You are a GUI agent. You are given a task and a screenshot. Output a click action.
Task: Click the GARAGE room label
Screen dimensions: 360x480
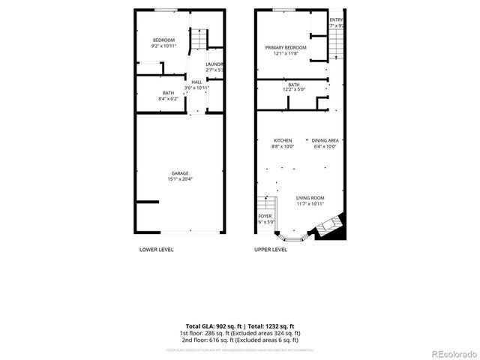[179, 173]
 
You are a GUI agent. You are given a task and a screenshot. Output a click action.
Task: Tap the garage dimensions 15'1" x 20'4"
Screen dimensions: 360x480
[179, 179]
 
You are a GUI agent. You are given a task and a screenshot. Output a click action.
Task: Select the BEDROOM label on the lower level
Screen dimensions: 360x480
[163, 40]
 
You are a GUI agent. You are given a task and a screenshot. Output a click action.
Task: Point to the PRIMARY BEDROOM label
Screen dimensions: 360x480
[282, 46]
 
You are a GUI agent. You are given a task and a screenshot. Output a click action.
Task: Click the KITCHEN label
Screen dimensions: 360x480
[282, 141]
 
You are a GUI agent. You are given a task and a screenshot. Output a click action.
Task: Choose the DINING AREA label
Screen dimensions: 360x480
[325, 141]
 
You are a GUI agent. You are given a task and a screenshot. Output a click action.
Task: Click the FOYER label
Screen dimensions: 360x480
[266, 216]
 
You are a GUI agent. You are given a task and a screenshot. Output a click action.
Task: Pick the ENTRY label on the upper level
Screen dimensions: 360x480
[337, 19]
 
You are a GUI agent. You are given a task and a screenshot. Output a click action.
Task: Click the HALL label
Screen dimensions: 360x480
[196, 82]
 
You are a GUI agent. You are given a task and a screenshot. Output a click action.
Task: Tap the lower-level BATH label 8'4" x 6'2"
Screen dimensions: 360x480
[168, 93]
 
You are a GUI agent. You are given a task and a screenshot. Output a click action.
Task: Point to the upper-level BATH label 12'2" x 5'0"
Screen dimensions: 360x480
[293, 85]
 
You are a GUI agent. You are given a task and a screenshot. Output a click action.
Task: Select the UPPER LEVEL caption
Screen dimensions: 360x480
[271, 249]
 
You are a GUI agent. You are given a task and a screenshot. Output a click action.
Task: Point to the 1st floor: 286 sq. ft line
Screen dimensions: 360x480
[240, 332]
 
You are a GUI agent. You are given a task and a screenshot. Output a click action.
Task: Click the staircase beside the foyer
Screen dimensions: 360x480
[263, 203]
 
